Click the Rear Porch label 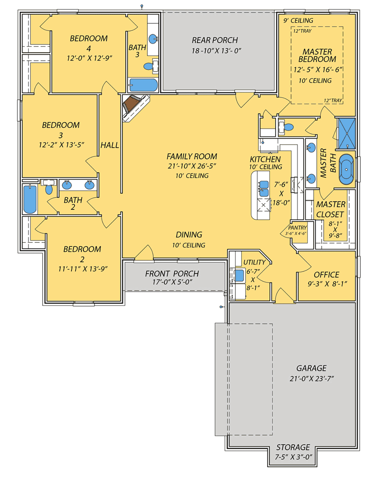pyautogui.click(x=215, y=40)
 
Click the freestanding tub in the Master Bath pyautogui.click(x=346, y=169)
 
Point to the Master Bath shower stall pyautogui.click(x=347, y=133)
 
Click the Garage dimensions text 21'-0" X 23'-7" pyautogui.click(x=312, y=378)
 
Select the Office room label pyautogui.click(x=326, y=275)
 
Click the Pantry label pyautogui.click(x=298, y=228)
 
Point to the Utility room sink pyautogui.click(x=239, y=275)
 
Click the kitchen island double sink pyautogui.click(x=264, y=188)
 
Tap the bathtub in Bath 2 pyautogui.click(x=30, y=199)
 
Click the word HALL pyautogui.click(x=110, y=145)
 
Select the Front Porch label pyautogui.click(x=172, y=274)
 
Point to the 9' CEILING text pyautogui.click(x=298, y=20)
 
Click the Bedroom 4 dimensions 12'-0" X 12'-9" pyautogui.click(x=89, y=58)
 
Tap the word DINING pyautogui.click(x=189, y=234)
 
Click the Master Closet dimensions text pyautogui.click(x=335, y=229)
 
